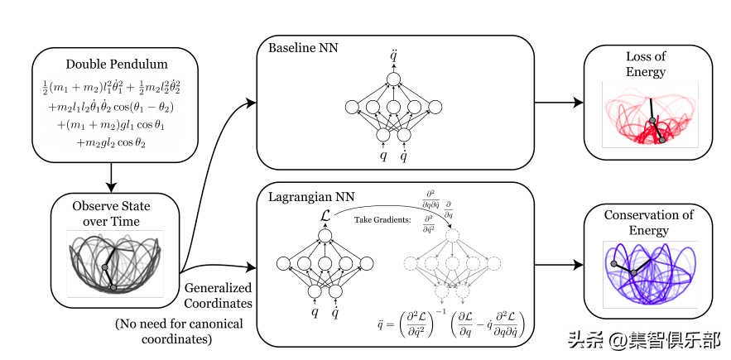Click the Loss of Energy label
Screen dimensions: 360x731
pyautogui.click(x=646, y=65)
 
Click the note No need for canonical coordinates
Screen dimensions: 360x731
pyautogui.click(x=179, y=331)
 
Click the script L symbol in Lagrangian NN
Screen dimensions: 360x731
pyautogui.click(x=324, y=217)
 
